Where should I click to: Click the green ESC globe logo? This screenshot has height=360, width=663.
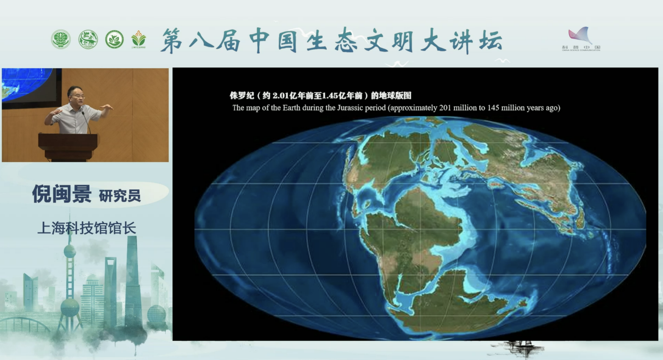point(61,39)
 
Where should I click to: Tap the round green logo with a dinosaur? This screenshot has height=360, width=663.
point(88,39)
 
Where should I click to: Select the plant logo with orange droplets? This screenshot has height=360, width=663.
point(138,39)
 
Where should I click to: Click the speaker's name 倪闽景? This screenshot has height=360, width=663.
point(62,194)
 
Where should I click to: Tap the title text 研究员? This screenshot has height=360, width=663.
point(120,196)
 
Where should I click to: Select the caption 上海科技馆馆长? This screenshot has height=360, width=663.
point(86,228)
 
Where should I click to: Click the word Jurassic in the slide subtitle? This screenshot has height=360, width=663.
point(355,108)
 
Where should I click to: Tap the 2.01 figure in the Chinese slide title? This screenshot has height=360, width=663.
point(281,96)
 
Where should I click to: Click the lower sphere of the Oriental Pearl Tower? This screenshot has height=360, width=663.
point(70,307)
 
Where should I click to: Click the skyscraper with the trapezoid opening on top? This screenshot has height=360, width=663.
point(110,286)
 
